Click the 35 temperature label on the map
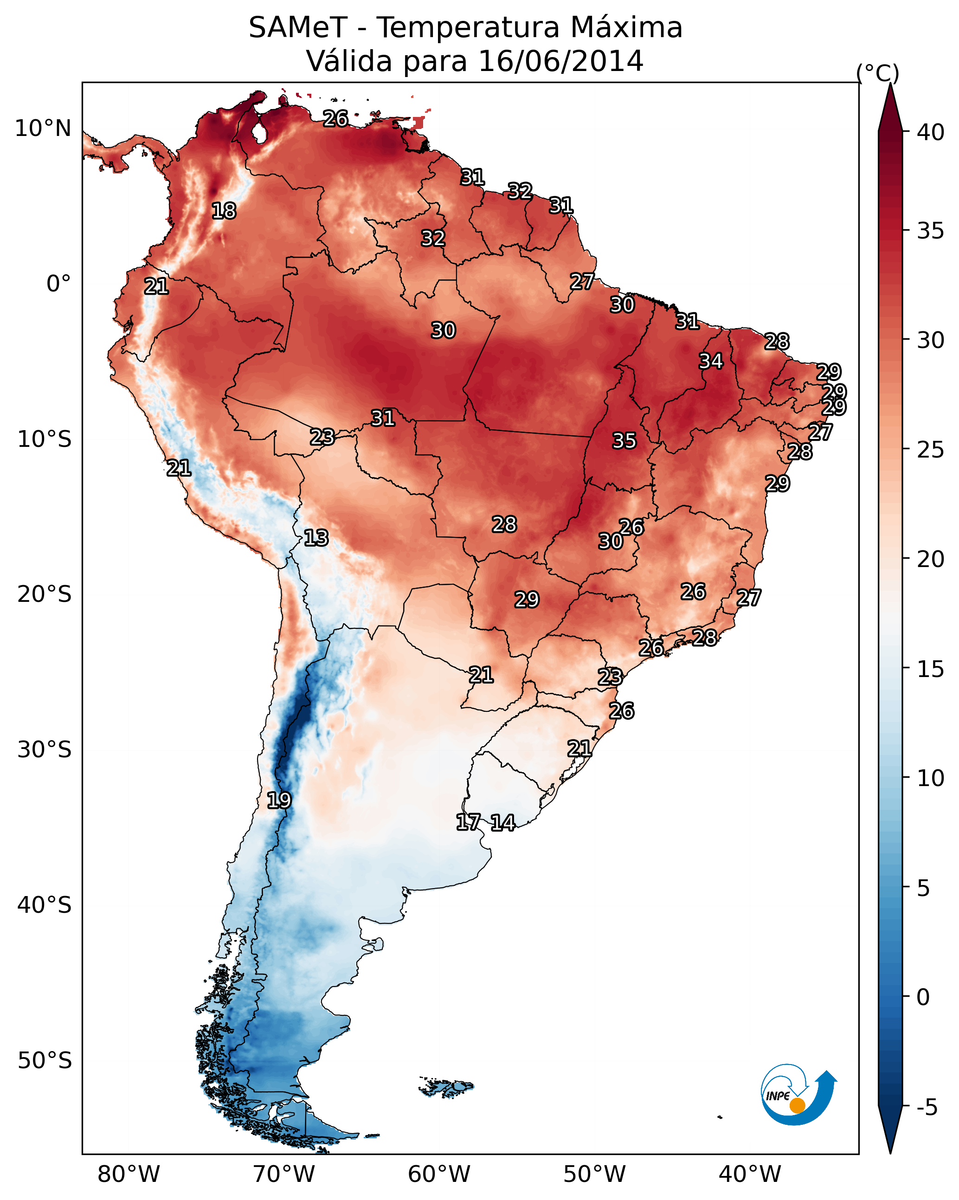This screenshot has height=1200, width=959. (x=624, y=441)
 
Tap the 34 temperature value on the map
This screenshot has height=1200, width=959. (x=711, y=361)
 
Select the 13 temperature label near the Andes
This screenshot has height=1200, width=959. (x=315, y=538)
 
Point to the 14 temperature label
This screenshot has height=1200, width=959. (x=502, y=823)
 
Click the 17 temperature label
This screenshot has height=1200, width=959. (x=468, y=822)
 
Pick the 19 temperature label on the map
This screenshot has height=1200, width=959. (x=279, y=800)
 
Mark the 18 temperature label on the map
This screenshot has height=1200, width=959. (x=224, y=211)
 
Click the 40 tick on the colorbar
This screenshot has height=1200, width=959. (x=931, y=132)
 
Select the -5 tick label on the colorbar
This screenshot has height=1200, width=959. (x=927, y=1107)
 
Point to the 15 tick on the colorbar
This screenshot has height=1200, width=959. (x=931, y=669)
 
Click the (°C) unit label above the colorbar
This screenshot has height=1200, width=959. (x=877, y=73)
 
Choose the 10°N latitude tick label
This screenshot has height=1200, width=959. (x=43, y=129)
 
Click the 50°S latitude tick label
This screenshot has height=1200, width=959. (x=45, y=1060)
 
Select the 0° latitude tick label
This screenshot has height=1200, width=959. (x=58, y=284)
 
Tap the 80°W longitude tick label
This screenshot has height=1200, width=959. (x=129, y=1174)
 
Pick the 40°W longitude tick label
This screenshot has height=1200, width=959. (x=750, y=1174)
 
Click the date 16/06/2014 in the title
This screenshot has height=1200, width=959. (x=560, y=61)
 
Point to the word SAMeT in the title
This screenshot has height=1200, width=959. (x=298, y=28)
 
